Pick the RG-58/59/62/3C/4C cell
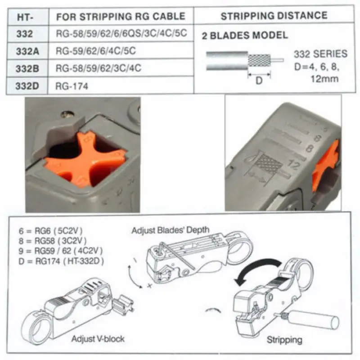(x=99, y=68)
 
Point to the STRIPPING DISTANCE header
(x=274, y=16)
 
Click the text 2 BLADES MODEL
(x=245, y=36)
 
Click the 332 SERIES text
(x=320, y=54)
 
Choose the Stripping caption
(x=284, y=339)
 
